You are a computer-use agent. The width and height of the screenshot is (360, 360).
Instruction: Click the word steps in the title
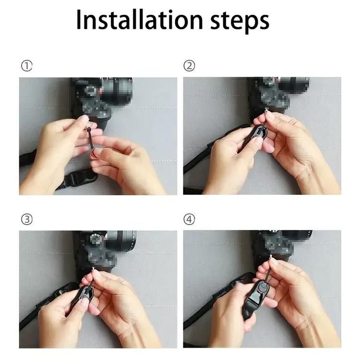coord(240,21)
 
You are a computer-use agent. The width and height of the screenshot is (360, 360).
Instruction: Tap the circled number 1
coord(26,66)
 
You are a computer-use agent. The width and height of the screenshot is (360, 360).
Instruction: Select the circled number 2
coord(189,66)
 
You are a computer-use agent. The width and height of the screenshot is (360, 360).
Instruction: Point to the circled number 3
coord(26,219)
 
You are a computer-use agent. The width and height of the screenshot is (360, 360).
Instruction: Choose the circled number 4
coord(189,219)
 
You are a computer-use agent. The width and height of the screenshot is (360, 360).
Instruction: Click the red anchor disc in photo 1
coord(95,153)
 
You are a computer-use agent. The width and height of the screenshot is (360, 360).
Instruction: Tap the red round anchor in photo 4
coord(261,288)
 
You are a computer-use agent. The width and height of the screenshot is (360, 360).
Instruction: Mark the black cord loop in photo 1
coord(90,137)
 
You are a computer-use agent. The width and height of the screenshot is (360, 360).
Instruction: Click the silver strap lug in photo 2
coord(266,110)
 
